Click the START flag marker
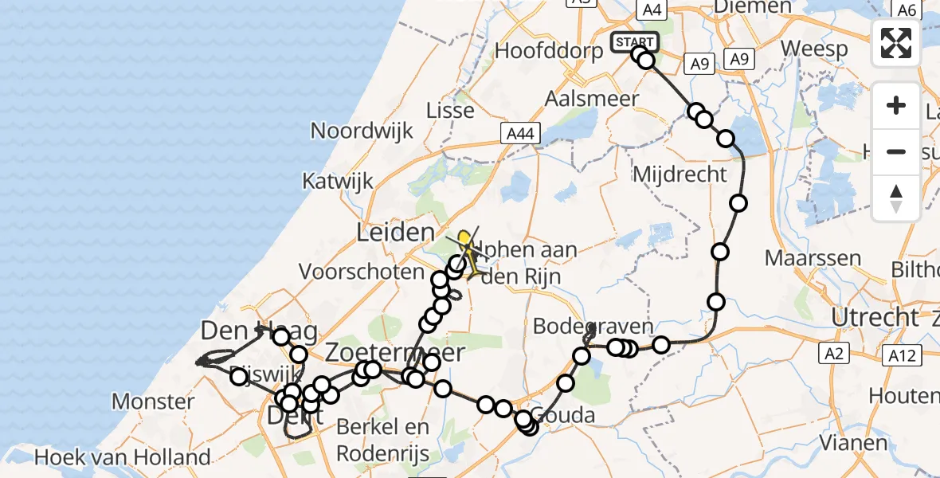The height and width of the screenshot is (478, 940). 635,41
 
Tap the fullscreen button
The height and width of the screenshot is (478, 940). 896,42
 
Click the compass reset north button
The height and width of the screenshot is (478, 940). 896,198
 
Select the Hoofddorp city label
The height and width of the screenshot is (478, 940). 546,50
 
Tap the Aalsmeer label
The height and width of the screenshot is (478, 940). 592,99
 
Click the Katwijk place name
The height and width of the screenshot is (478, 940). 338,181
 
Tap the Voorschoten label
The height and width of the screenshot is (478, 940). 362,272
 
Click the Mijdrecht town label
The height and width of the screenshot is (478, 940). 680,174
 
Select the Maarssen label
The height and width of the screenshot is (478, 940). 813,258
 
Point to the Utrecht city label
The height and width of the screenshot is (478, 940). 873,317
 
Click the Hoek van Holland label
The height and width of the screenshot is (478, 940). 123,457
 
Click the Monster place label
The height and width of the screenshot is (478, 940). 152,401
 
